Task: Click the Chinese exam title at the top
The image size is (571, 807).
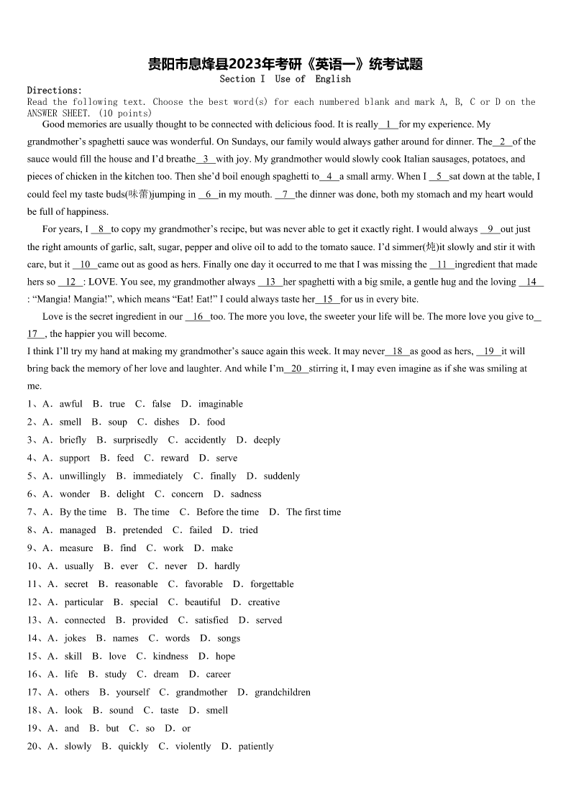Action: [x=285, y=64]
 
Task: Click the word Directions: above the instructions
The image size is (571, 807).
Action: [x=55, y=91]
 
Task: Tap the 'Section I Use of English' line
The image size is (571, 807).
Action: [x=285, y=79]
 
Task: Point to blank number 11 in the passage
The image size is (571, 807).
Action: [x=442, y=264]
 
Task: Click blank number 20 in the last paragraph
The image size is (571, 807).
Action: [x=296, y=369]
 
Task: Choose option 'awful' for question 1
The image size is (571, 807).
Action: [x=70, y=405]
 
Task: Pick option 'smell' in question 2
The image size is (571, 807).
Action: [x=70, y=423]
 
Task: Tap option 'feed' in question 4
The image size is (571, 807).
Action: [x=125, y=458]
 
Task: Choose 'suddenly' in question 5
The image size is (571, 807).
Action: [x=281, y=476]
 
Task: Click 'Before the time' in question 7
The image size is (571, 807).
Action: [x=227, y=512]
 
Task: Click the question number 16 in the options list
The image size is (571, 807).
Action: [x=32, y=674]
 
